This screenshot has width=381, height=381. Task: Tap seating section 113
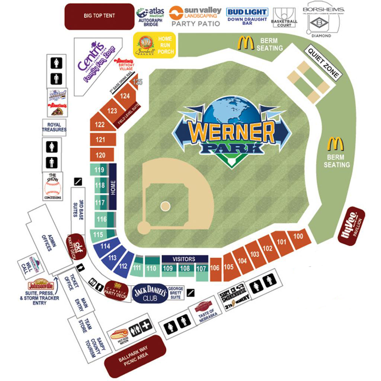pyautogui.click(x=112, y=258)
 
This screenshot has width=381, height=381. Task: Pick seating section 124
pyautogui.click(x=125, y=96)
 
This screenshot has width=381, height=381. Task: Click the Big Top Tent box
pyautogui.click(x=99, y=16)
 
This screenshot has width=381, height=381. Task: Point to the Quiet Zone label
pyautogui.click(x=323, y=63)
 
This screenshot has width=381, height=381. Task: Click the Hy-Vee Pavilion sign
pyautogui.click(x=351, y=225)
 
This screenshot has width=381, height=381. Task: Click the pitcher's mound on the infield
pyautogui.click(x=165, y=206)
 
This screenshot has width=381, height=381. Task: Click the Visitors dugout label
pyautogui.click(x=184, y=259)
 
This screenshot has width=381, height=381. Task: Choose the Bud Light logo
pyautogui.click(x=247, y=12)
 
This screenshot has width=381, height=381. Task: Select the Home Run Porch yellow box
pyautogui.click(x=154, y=45)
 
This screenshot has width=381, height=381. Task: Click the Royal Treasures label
pyautogui.click(x=54, y=127)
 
